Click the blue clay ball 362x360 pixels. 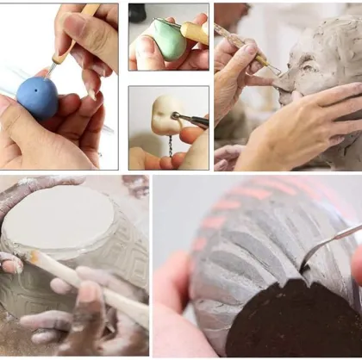pyautogui.click(x=38, y=96)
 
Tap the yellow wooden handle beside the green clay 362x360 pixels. pyautogui.click(x=196, y=34)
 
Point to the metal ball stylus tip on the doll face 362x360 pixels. pyautogui.click(x=174, y=115)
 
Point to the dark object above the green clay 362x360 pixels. pyautogui.click(x=137, y=12)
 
